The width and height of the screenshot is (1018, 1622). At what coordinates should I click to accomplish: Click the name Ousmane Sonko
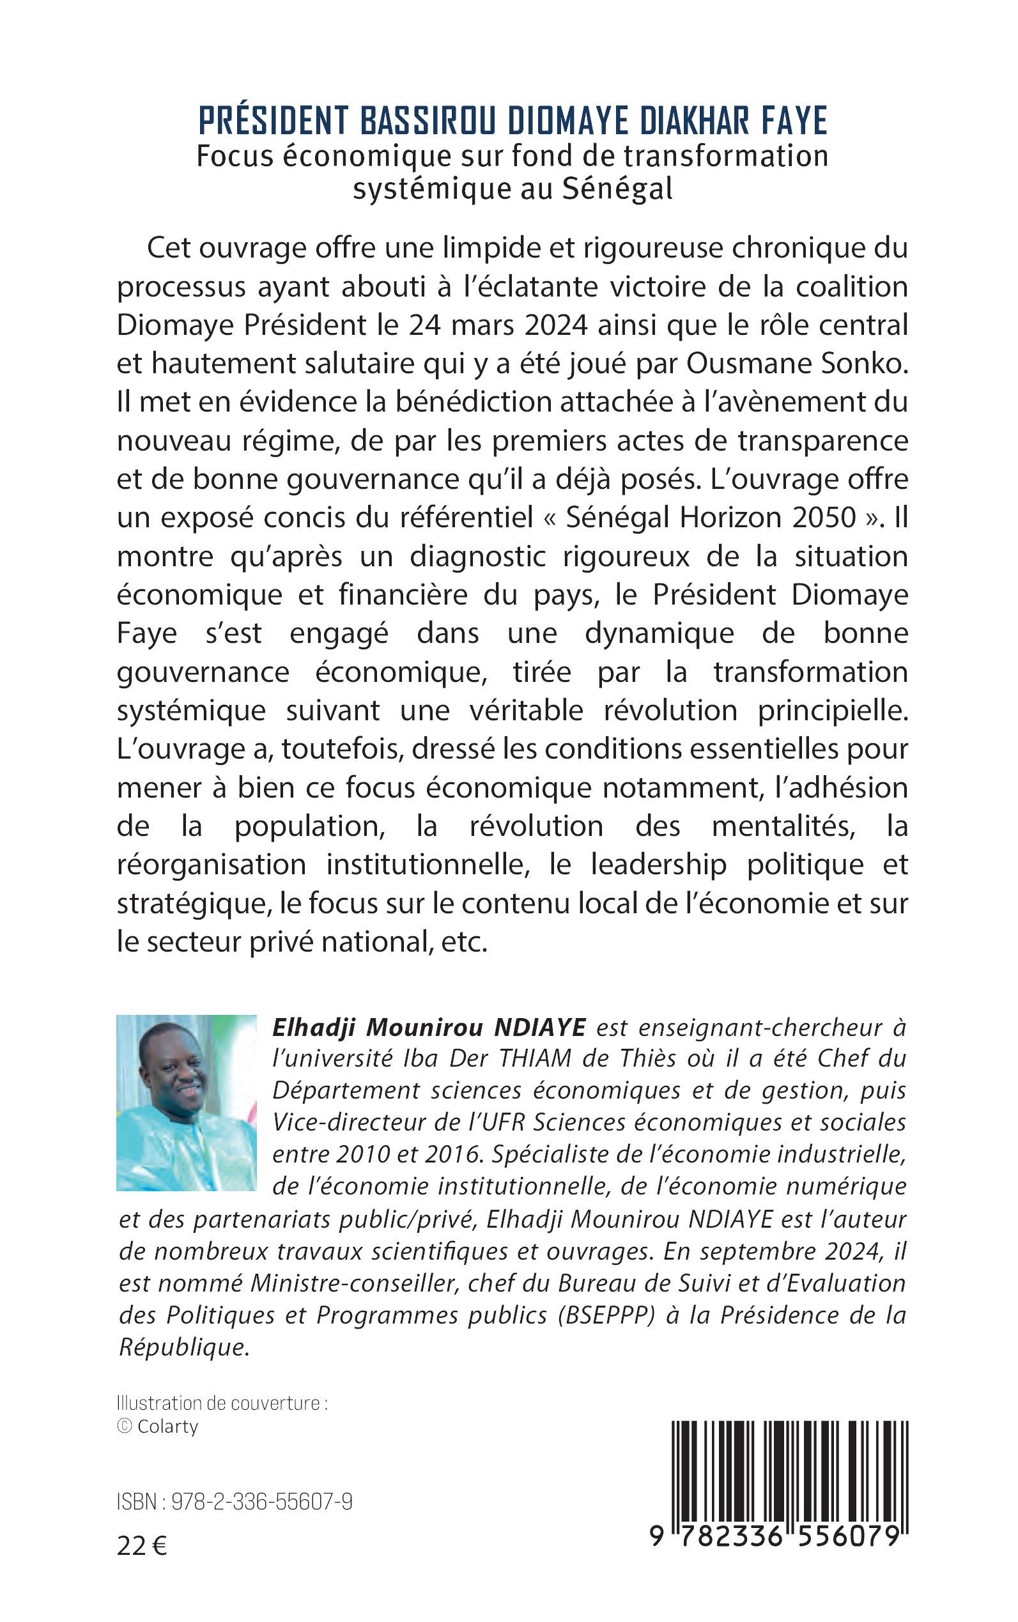[796, 364]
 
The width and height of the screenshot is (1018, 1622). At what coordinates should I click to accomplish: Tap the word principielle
[833, 711]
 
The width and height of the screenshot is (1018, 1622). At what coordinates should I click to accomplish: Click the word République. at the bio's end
[185, 1347]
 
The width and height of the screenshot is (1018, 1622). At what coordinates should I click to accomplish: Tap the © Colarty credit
[158, 1426]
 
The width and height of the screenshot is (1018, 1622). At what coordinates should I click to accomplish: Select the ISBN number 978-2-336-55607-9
[262, 1502]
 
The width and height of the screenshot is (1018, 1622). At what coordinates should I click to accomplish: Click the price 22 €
[141, 1546]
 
